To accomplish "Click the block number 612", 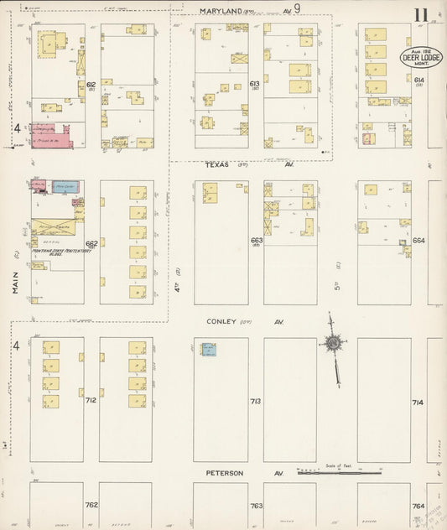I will click(x=91, y=85).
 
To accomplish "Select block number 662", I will click(x=91, y=243).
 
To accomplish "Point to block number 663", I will click(x=256, y=241).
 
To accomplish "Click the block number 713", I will click(x=256, y=402).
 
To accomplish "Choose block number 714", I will click(x=418, y=403).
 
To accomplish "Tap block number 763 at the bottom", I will click(x=256, y=506).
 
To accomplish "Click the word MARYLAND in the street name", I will click(x=221, y=12).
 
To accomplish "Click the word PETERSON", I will click(x=225, y=473).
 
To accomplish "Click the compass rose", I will click(x=333, y=343).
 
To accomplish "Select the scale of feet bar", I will click(x=339, y=472).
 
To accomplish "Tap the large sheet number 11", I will click(x=421, y=14).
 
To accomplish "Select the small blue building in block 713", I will click(x=207, y=348).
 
